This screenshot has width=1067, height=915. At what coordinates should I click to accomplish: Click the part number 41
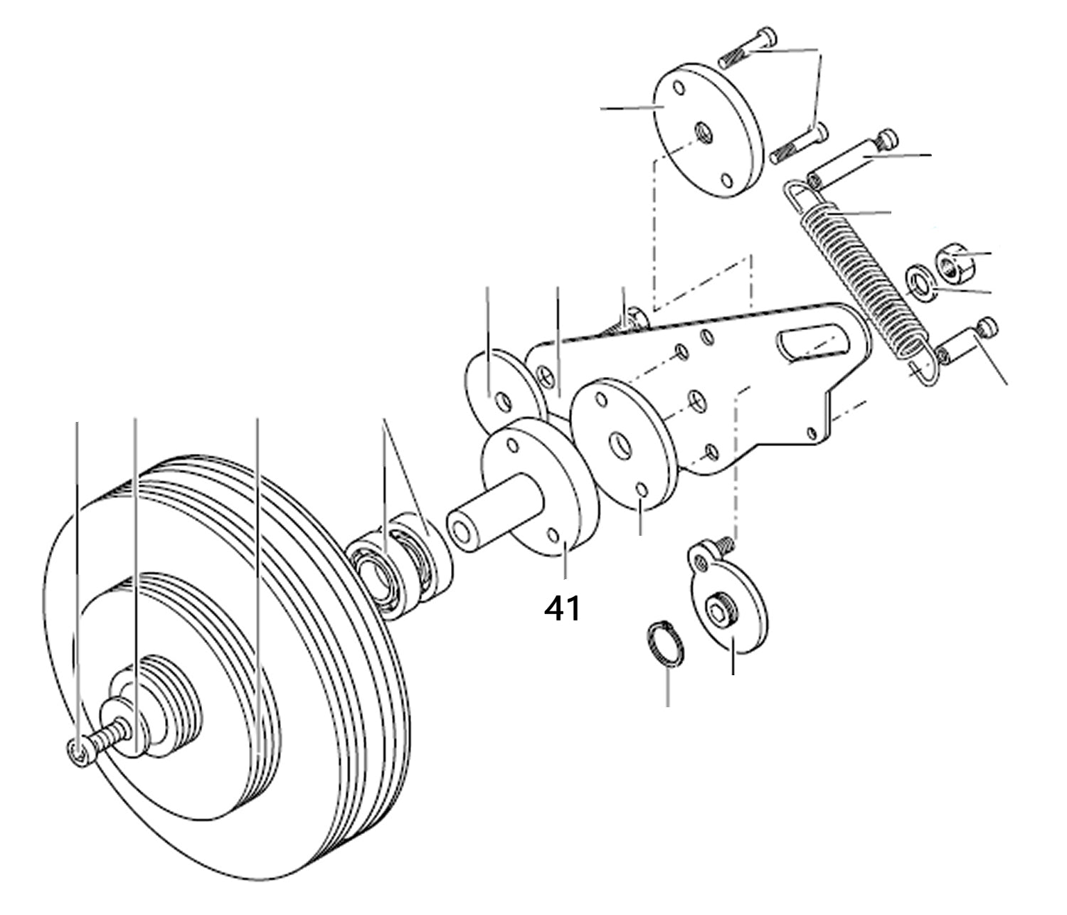pos(562,609)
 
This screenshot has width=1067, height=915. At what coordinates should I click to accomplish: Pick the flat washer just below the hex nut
pos(920,281)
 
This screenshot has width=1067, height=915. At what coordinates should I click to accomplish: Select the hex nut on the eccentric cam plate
pos(719,611)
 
